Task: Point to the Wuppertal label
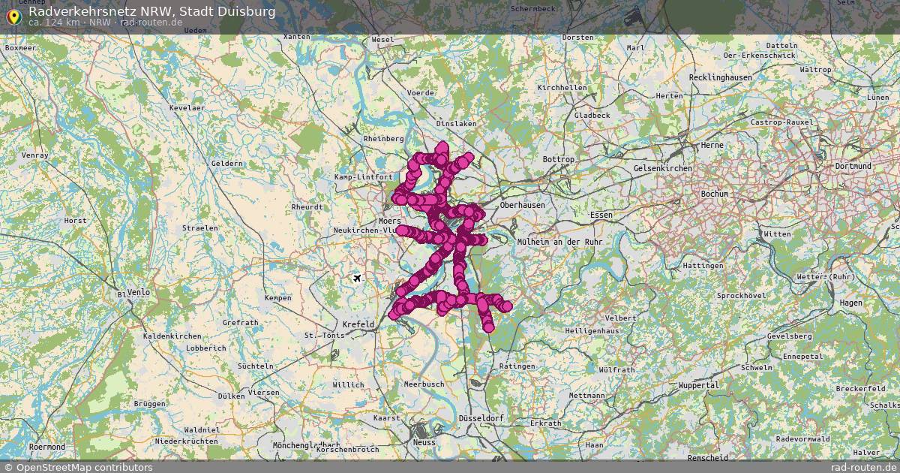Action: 698,385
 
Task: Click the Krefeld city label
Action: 358,324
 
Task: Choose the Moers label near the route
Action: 390,221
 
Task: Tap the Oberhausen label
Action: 523,205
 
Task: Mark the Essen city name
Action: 601,215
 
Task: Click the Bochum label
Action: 714,194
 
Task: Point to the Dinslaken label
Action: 456,124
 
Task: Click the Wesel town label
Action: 382,39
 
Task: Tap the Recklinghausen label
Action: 720,78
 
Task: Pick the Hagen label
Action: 851,303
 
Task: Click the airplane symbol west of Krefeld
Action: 357,279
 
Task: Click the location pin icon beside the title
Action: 13,17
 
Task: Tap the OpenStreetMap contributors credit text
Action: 84,467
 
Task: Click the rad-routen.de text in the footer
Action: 863,467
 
